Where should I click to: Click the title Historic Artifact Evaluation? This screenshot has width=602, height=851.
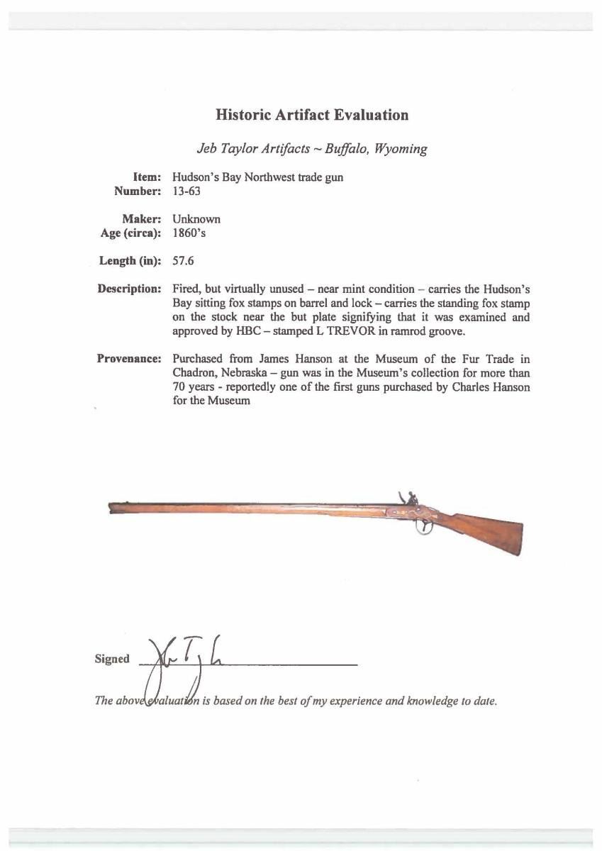click(312, 115)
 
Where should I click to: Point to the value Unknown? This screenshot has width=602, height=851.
click(196, 219)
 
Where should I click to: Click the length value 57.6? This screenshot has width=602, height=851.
click(184, 260)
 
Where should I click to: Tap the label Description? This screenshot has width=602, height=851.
click(129, 289)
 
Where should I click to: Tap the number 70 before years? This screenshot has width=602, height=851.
click(180, 386)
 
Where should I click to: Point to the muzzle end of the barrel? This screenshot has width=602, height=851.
click(112, 506)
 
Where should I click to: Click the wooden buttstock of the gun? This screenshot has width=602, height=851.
click(493, 532)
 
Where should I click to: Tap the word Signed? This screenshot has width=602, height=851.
click(112, 659)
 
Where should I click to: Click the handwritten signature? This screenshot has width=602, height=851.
click(174, 663)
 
